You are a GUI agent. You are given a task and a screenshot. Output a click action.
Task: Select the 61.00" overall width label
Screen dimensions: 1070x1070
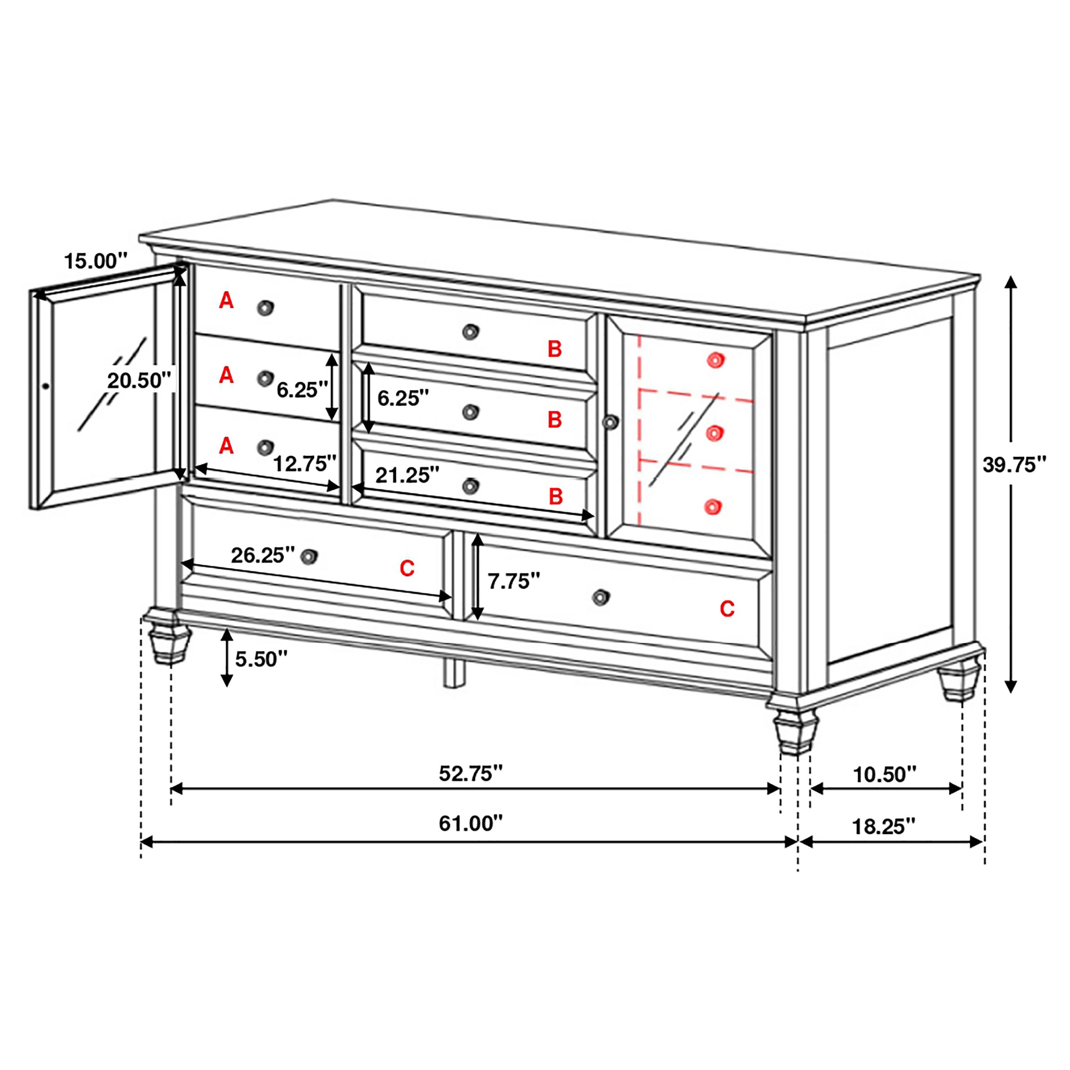pyautogui.click(x=470, y=823)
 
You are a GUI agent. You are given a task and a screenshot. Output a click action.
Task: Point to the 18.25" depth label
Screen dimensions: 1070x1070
pyautogui.click(x=883, y=827)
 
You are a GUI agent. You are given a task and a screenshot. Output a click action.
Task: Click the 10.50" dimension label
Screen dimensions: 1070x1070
pyautogui.click(x=885, y=775)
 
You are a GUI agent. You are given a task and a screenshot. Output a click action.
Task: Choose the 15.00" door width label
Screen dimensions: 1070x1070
pyautogui.click(x=96, y=260)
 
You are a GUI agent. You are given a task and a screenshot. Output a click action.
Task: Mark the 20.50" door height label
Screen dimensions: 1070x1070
pyautogui.click(x=138, y=380)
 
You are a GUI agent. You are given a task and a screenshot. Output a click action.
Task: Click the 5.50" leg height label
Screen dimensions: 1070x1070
pyautogui.click(x=262, y=659)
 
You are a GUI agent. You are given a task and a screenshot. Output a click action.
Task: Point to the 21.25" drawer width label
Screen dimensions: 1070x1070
pyautogui.click(x=407, y=475)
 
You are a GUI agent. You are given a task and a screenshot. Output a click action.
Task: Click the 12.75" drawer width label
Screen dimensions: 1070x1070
pyautogui.click(x=305, y=464)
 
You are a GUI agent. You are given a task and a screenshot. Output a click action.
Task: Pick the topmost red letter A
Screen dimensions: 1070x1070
pyautogui.click(x=226, y=301)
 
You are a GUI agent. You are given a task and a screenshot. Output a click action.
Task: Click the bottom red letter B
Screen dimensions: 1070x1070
pyautogui.click(x=556, y=497)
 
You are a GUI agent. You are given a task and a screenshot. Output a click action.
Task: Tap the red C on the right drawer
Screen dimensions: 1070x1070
pyautogui.click(x=727, y=609)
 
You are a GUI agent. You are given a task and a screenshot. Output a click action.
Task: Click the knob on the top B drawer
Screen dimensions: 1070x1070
pyautogui.click(x=470, y=332)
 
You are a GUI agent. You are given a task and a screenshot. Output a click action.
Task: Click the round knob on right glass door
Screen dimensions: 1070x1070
pyautogui.click(x=610, y=422)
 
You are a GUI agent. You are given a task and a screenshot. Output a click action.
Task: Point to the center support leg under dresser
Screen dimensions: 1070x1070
pyautogui.click(x=455, y=673)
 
